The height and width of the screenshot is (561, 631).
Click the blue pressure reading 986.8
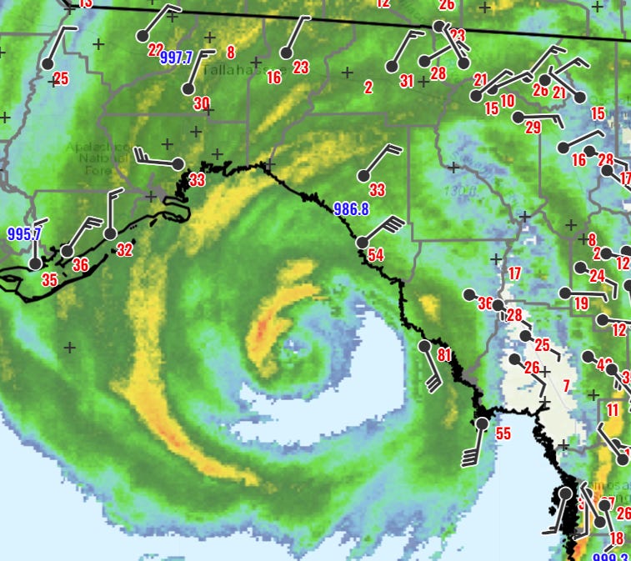(351, 209)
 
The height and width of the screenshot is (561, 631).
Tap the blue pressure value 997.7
(176, 58)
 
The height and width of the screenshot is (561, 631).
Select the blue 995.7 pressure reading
(24, 234)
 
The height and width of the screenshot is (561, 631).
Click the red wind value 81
(443, 355)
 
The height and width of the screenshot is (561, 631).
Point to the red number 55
(503, 433)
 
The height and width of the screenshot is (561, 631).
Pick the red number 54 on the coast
(375, 255)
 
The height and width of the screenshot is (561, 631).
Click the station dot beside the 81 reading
(424, 345)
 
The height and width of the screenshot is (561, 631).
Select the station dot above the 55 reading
(482, 424)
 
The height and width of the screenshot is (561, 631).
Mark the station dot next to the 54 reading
(362, 243)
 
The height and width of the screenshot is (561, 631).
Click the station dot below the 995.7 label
(35, 263)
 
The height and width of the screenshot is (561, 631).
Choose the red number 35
(49, 280)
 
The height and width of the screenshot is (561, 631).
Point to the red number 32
(124, 249)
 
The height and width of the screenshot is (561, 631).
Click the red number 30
(202, 103)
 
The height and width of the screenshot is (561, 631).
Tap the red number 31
(407, 81)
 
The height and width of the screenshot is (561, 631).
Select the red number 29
(533, 128)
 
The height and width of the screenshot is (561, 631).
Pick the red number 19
(581, 303)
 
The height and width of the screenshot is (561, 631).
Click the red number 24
(597, 276)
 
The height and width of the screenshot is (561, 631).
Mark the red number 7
(566, 386)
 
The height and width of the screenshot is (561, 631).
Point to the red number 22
(155, 49)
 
